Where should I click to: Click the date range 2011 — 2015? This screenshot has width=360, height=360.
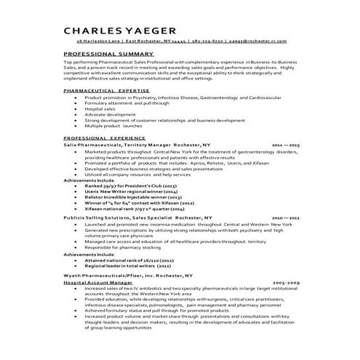tap(285, 145)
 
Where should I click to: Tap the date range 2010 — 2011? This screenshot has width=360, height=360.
tap(285, 217)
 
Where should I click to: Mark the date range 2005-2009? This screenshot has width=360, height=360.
tap(285, 282)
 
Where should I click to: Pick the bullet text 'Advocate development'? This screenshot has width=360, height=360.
tap(106, 114)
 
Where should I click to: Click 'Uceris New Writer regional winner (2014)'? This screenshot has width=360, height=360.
tap(130, 191)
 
